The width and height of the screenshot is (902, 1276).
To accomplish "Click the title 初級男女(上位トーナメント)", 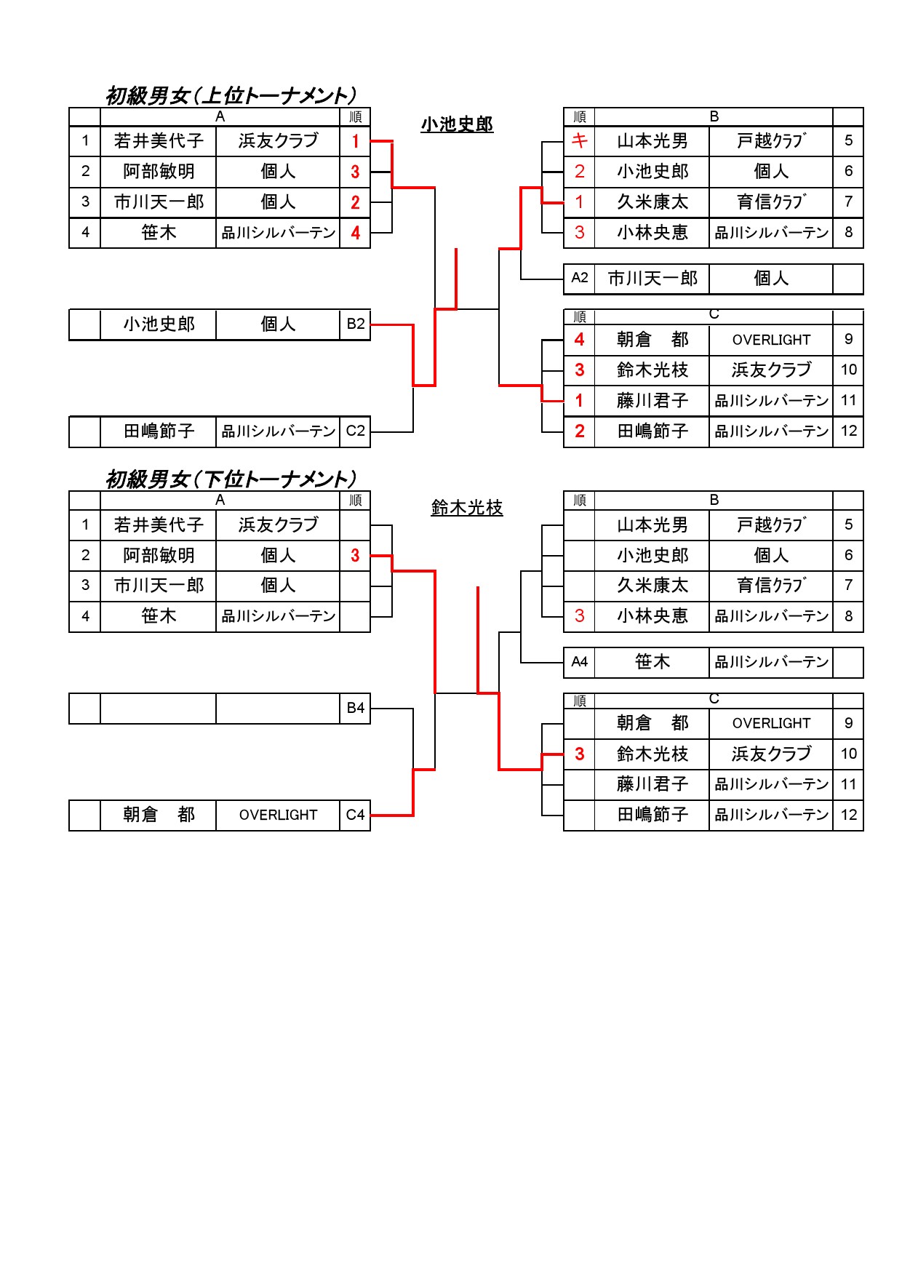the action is coord(231,95).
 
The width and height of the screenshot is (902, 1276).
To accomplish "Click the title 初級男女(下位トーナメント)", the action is coord(231,479).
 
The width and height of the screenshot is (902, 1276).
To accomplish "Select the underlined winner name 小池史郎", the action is coord(457,124).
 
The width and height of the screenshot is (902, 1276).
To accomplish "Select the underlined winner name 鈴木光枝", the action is coord(467,508).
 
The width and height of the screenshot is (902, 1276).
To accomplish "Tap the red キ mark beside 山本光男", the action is coord(579,140).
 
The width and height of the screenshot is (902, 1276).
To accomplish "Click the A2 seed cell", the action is coord(579,278).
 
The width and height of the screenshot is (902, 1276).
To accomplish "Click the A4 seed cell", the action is coord(579,662).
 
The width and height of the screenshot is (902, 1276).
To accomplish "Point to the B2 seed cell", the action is coord(355,324).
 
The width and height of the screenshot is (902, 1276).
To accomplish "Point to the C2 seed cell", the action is coord(355,431).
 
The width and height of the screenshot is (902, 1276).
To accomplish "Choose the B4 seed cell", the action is coord(355,708).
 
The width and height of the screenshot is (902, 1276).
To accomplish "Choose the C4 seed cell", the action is coord(355,815).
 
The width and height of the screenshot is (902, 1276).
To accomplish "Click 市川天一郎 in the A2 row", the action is coord(652,278).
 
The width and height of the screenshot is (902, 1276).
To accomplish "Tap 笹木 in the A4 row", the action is coord(652,662).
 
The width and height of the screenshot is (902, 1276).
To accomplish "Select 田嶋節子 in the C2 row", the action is coord(159,431).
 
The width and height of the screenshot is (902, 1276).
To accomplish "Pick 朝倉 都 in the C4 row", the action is coord(159,815).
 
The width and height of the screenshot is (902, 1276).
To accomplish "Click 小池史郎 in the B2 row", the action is coord(159,324).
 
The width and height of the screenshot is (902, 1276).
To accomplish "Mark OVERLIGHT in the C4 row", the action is coord(278,815).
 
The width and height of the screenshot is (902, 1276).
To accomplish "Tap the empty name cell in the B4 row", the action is coord(158,708).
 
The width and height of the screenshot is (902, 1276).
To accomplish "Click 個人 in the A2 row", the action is coord(771,278).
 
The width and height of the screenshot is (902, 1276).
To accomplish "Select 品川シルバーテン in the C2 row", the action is coord(278,431).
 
